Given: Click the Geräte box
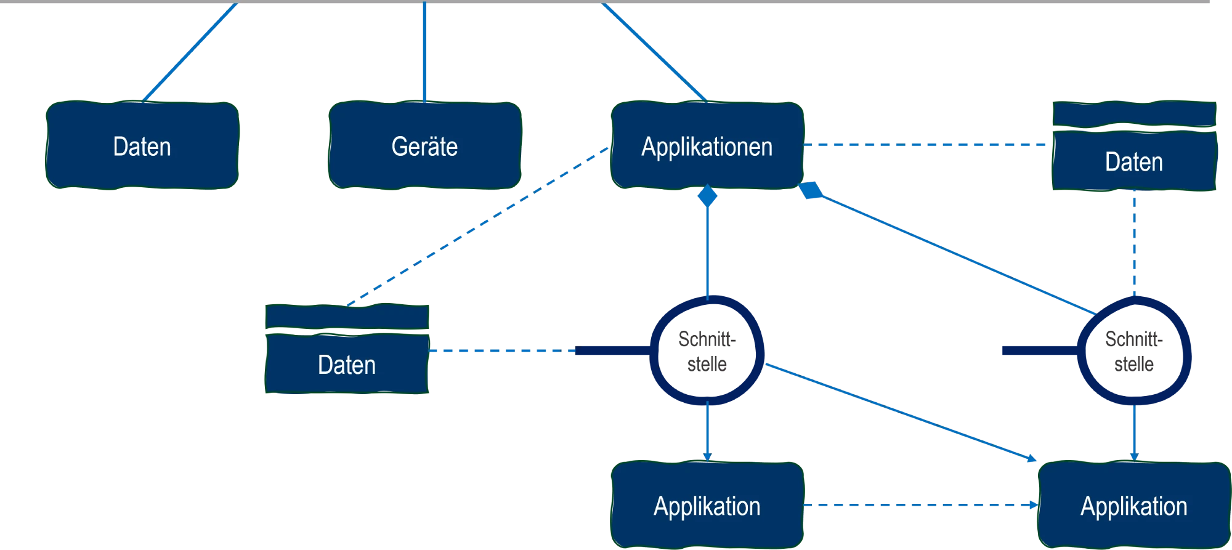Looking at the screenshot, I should [424, 145].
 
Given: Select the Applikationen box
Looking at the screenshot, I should [707, 145].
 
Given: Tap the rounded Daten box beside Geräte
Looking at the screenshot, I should [142, 145].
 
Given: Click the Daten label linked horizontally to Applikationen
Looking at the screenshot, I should [1133, 162].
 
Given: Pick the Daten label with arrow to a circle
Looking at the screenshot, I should [347, 365].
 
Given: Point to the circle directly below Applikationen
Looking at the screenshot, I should [707, 351].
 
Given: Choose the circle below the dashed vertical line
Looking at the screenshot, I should [1133, 351].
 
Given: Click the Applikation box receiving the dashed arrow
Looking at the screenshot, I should [1133, 505].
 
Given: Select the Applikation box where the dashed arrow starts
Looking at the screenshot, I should [707, 505].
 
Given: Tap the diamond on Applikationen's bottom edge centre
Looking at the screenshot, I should [707, 196].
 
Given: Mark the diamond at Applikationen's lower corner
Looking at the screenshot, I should [811, 190].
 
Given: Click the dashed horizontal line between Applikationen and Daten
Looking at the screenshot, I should [924, 145].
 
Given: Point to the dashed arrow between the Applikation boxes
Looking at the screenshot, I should [918, 505].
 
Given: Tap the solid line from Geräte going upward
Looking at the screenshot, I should [424, 52].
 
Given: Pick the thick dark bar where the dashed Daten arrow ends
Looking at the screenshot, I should [610, 350].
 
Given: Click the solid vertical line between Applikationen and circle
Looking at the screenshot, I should [707, 253].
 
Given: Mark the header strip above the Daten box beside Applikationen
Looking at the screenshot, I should [1133, 115].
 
